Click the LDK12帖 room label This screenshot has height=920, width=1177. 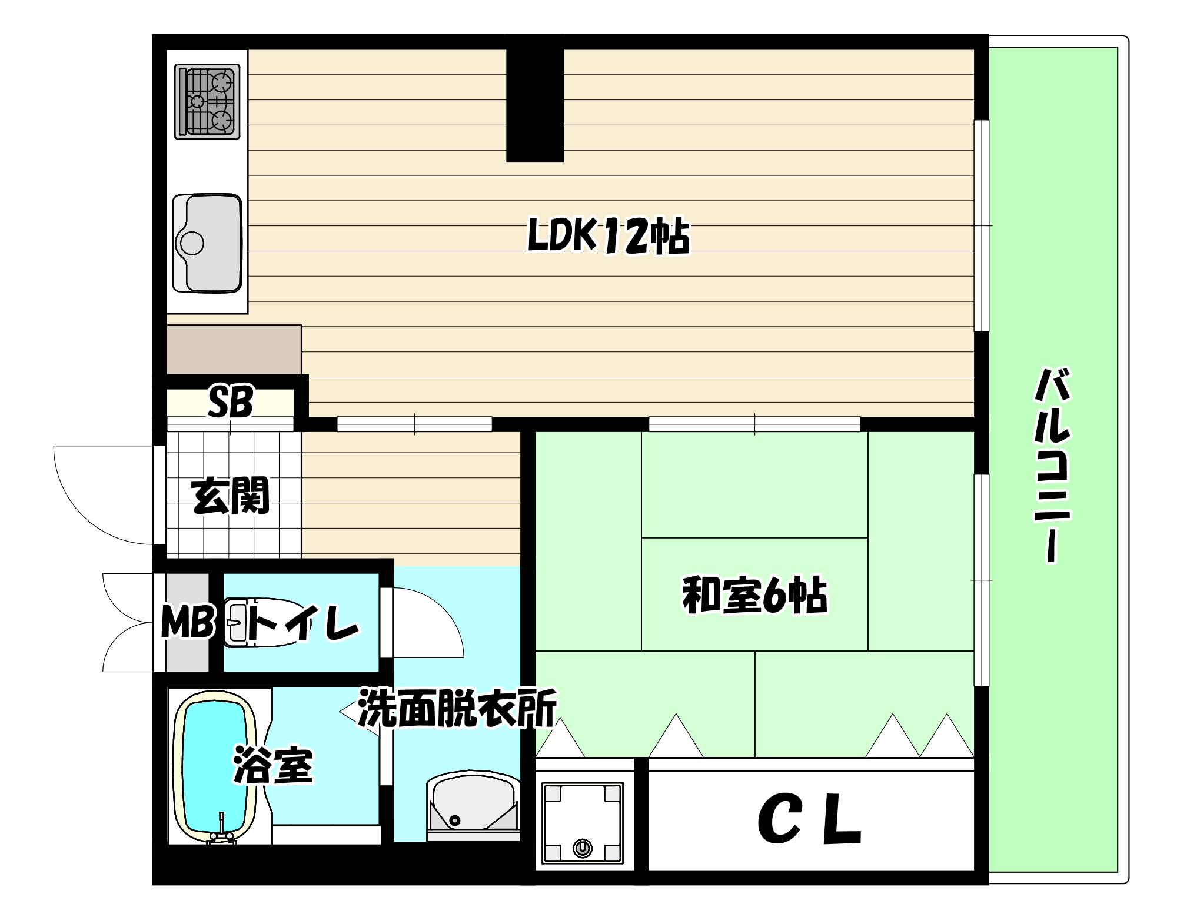tap(608, 236)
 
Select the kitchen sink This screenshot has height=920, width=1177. tap(208, 243)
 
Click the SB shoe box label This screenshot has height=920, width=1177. tap(230, 402)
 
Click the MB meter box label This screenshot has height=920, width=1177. tap(187, 622)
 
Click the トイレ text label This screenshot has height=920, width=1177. tap(303, 622)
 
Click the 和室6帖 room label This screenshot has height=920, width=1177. tap(754, 596)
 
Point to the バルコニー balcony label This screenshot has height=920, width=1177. tap(1052, 465)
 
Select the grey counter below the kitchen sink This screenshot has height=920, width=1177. tap(234, 349)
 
